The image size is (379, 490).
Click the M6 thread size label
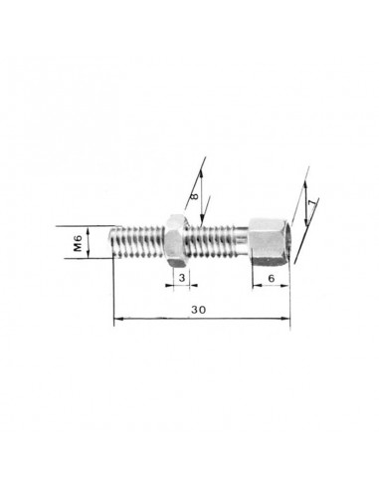point(78,243)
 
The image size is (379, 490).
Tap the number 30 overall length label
point(198,310)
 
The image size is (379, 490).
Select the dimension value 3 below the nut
point(182,278)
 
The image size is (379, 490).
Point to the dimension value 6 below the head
point(271,278)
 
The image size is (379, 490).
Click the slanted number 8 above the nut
point(194,196)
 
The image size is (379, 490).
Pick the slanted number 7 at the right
point(310,204)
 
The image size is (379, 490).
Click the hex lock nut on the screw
point(177,241)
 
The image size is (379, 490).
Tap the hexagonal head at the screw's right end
point(270,241)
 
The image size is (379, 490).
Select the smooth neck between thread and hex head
point(242,236)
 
